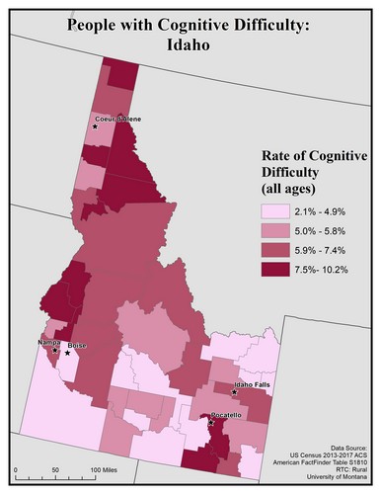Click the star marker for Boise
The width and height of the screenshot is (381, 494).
pyautogui.click(x=68, y=352)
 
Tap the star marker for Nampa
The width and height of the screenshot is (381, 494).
pyautogui.click(x=55, y=349)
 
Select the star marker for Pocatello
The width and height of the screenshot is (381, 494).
pyautogui.click(x=212, y=423)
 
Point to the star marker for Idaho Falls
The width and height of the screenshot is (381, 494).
pyautogui.click(x=234, y=392)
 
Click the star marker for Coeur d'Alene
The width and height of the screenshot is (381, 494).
pyautogui.click(x=95, y=126)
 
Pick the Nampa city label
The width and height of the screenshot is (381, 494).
pyautogui.click(x=49, y=341)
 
